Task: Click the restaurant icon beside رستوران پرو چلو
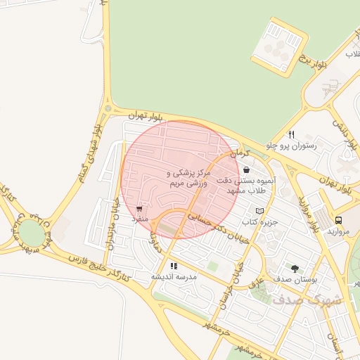(292, 134)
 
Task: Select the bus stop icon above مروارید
(339, 219)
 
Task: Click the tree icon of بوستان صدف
(294, 268)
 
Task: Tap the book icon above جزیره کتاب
(260, 211)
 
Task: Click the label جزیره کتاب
(266, 222)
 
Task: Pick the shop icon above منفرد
(139, 209)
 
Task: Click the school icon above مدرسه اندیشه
(174, 266)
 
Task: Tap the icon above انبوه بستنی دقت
(245, 169)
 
